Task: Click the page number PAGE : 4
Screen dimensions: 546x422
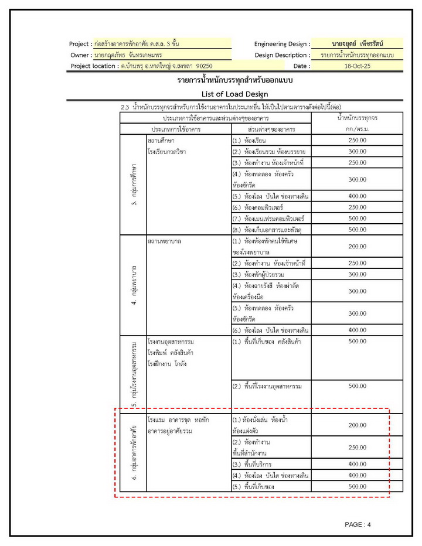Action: tap(358, 524)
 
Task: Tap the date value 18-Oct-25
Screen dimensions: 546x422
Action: tap(357, 66)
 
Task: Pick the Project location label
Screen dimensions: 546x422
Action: tap(93, 66)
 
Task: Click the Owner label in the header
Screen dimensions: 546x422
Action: tap(80, 55)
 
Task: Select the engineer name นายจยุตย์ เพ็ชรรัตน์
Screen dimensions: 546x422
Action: tap(357, 44)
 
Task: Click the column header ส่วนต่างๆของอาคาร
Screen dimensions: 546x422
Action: tap(271, 128)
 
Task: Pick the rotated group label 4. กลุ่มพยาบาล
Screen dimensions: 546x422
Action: tap(134, 285)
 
